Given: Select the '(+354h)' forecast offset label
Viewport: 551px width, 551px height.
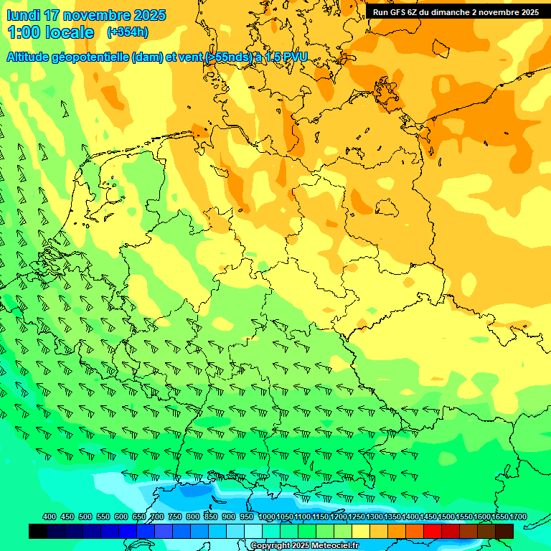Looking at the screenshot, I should [128, 32].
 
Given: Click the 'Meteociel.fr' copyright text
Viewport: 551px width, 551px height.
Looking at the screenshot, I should [335, 546].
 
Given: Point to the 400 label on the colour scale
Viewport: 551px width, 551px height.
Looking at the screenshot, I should [50, 517].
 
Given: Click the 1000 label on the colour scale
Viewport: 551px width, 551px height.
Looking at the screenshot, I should [266, 517].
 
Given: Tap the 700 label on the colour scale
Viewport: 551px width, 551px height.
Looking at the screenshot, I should [157, 517].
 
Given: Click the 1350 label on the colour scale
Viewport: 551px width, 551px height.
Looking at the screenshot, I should [392, 517].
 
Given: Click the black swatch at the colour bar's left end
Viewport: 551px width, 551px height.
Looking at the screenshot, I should [38, 531].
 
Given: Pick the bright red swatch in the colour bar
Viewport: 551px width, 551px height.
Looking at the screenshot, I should [433, 531].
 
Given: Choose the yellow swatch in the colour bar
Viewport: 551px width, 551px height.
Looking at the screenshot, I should [361, 531].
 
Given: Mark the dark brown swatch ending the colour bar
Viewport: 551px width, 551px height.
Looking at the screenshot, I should [504, 531].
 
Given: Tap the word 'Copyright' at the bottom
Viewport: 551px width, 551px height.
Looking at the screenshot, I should [270, 546].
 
